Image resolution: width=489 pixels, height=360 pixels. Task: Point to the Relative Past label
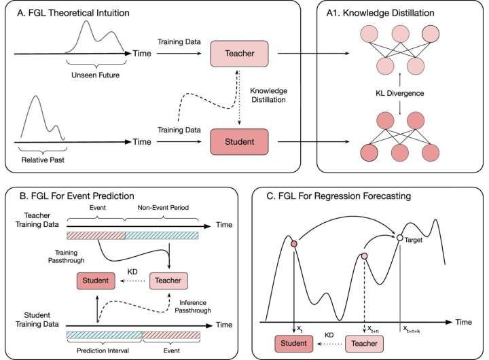click(x=39, y=163)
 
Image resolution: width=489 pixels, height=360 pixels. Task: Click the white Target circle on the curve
click(x=401, y=237)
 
